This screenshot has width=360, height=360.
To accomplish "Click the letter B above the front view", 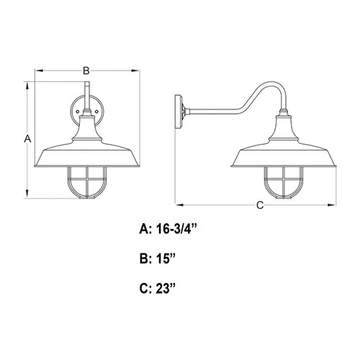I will tap(86, 71).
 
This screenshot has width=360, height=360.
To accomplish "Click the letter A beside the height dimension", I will tap(27, 138).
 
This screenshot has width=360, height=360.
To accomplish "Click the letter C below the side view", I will tap(259, 205).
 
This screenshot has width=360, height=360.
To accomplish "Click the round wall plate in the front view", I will tap(86, 113).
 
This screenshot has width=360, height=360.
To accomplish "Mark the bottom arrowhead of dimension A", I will tap(27, 197).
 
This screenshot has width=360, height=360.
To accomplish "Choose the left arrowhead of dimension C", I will tap(181, 205).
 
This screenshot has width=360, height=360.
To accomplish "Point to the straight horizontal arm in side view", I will tap(216, 111).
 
